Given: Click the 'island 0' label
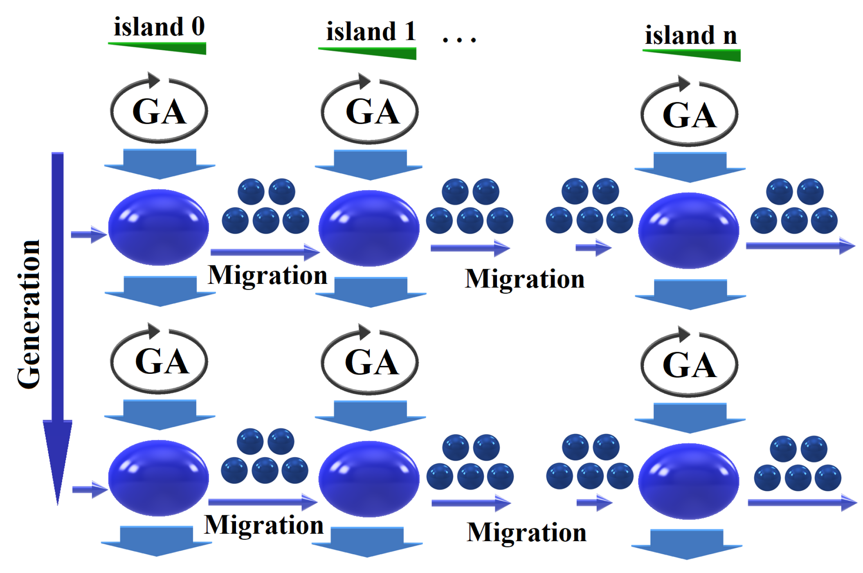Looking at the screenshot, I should [x=159, y=27].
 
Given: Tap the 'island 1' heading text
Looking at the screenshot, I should [x=371, y=31].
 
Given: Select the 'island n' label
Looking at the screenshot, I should [x=690, y=35].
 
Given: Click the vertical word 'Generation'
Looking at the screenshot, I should [x=29, y=314].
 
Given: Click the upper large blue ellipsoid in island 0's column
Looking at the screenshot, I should [x=159, y=227].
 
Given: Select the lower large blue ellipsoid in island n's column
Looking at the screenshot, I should [x=689, y=481].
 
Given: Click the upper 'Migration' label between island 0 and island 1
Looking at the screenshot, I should [x=267, y=275].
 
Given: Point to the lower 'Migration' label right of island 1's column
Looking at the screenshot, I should [x=526, y=533].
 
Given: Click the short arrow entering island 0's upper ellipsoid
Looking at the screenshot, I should [x=89, y=234].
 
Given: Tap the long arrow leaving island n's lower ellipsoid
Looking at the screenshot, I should [x=802, y=502].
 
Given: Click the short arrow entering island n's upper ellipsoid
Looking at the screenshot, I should [x=593, y=247].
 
